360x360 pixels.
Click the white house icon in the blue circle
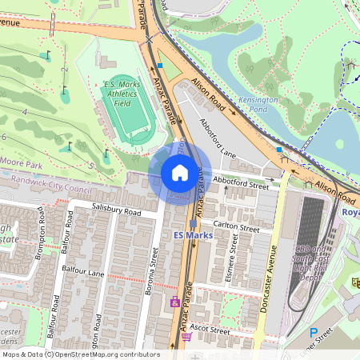[180, 173]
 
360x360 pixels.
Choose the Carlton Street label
[238, 228]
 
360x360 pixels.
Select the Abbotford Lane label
[218, 138]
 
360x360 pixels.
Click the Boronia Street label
[154, 269]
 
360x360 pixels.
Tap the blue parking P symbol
[313, 332]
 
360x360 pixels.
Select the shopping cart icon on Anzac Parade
[186, 337]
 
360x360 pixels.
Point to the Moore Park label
[22, 162]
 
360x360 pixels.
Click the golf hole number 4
[25, 113]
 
